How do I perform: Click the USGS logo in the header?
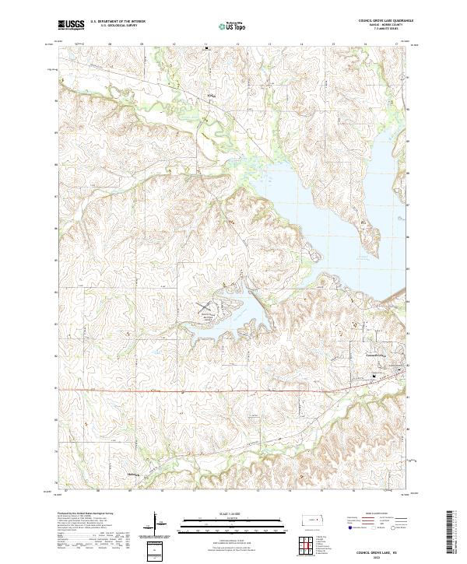click(x=71, y=25)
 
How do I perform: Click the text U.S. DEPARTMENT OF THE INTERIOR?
click(x=118, y=22)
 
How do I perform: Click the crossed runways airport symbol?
click(x=204, y=308)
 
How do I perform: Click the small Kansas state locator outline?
click(x=316, y=520)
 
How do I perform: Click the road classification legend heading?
click(x=376, y=514)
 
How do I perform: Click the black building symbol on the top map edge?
click(x=206, y=48)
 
